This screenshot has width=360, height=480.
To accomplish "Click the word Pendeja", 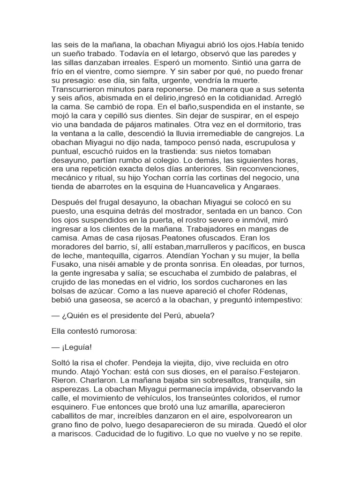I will (x=142, y=364).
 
